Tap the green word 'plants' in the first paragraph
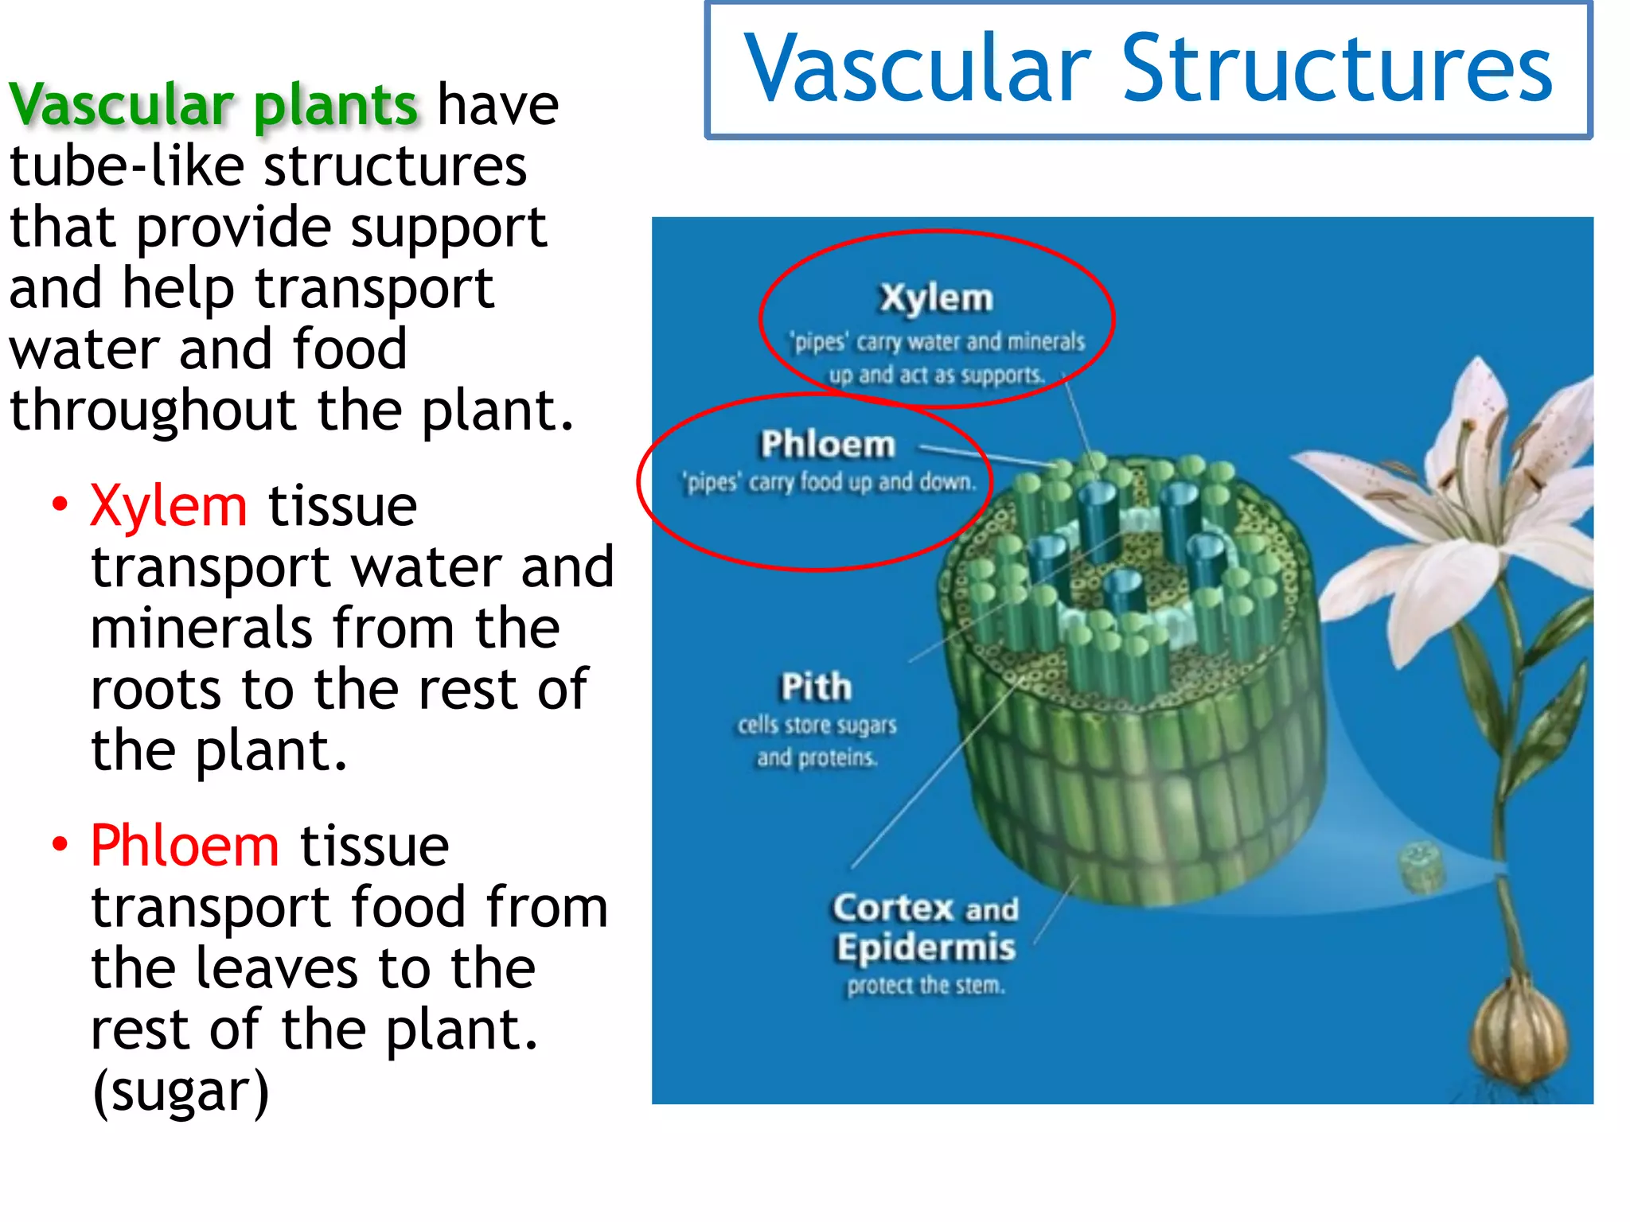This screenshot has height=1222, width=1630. coord(335,106)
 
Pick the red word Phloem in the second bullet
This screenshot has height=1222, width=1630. coord(185,846)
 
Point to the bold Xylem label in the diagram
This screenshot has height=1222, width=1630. coord(936,298)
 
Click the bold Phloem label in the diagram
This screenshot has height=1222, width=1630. coord(828,444)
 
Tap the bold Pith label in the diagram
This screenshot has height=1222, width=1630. coord(816,687)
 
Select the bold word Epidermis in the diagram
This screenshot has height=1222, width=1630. coord(926,948)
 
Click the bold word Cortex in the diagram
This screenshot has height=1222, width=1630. coord(893,908)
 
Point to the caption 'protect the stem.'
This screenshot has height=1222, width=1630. coord(926,986)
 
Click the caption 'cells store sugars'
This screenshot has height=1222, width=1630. coord(817,725)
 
